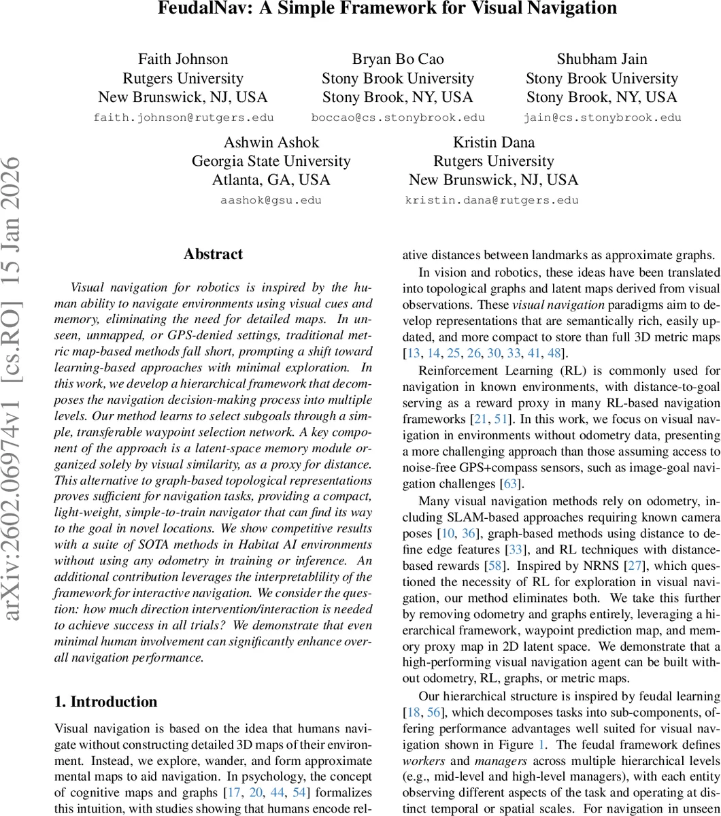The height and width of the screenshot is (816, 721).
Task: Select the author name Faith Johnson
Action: click(x=183, y=59)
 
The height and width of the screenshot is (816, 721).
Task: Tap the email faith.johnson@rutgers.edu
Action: click(x=183, y=118)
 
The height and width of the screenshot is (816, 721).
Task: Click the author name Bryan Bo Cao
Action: click(x=398, y=59)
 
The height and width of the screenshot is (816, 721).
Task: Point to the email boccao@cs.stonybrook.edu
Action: click(x=398, y=118)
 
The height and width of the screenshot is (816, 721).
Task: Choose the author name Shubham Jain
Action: click(x=602, y=59)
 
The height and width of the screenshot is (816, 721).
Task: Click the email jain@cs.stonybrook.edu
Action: click(x=602, y=118)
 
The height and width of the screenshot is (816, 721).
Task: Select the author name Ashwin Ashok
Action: click(x=271, y=142)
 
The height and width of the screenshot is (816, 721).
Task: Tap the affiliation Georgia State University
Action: click(x=271, y=161)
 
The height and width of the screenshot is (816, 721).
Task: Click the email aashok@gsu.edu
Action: click(x=271, y=201)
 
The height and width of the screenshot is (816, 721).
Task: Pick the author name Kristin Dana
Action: click(x=494, y=142)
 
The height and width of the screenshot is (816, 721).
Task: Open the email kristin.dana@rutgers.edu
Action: click(x=492, y=201)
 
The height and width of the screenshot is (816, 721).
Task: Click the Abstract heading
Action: click(x=213, y=254)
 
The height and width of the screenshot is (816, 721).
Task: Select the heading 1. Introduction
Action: click(x=105, y=702)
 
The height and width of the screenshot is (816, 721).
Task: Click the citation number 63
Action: click(x=509, y=484)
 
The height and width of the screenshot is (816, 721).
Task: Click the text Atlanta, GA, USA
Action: click(x=271, y=180)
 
